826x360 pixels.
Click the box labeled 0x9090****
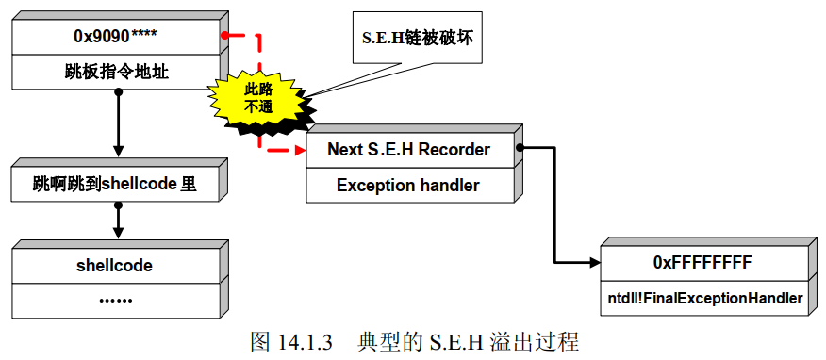point(115,37)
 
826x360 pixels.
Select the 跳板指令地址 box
point(115,71)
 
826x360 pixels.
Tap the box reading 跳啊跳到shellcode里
point(115,184)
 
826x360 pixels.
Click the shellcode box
point(115,265)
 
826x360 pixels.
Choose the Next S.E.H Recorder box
point(408,150)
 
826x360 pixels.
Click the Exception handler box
point(408,186)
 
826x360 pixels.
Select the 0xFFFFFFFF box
point(702,262)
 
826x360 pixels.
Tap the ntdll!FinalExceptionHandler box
point(702,299)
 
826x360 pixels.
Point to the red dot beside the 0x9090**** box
point(224,36)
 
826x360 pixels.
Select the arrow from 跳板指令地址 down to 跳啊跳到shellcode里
point(118,123)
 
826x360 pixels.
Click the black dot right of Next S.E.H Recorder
point(520,147)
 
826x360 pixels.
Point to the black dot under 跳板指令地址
point(118,91)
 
